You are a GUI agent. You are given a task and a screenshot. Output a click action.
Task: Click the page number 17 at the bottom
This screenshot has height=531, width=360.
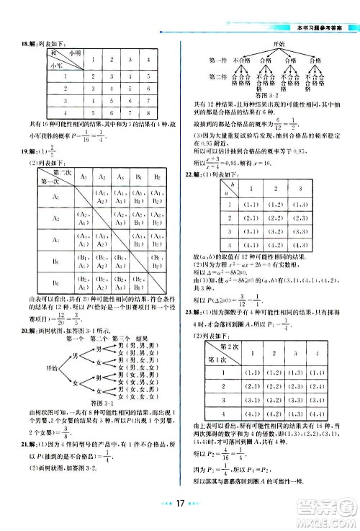pos(179,514)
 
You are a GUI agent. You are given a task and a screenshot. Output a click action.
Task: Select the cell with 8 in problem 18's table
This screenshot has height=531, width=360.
pos(147,114)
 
